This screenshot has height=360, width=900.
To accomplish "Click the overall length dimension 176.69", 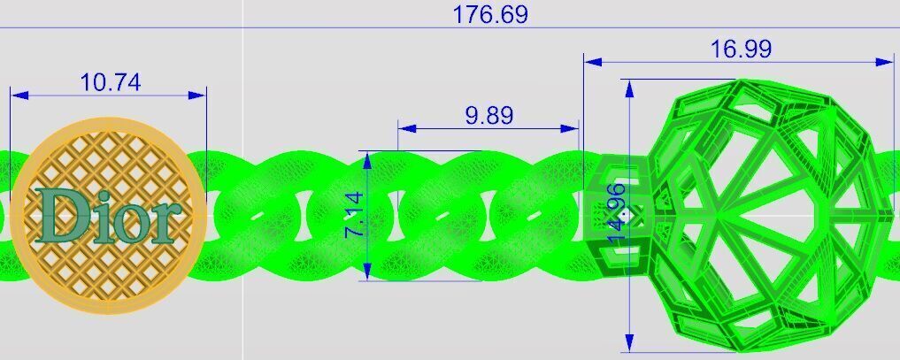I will pos(490,15).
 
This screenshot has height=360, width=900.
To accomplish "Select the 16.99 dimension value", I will pos(741,50).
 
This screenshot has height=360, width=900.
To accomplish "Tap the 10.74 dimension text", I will pos(110,82).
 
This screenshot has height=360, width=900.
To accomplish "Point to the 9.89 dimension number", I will pos(488,116).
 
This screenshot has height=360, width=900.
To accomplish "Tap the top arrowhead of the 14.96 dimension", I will pos(629,87).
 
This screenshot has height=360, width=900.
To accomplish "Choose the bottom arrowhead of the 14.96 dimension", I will pos(629,343).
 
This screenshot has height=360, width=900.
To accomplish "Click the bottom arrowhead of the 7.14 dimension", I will pos(365,274).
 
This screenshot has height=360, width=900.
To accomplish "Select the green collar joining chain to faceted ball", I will pos(619,212).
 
